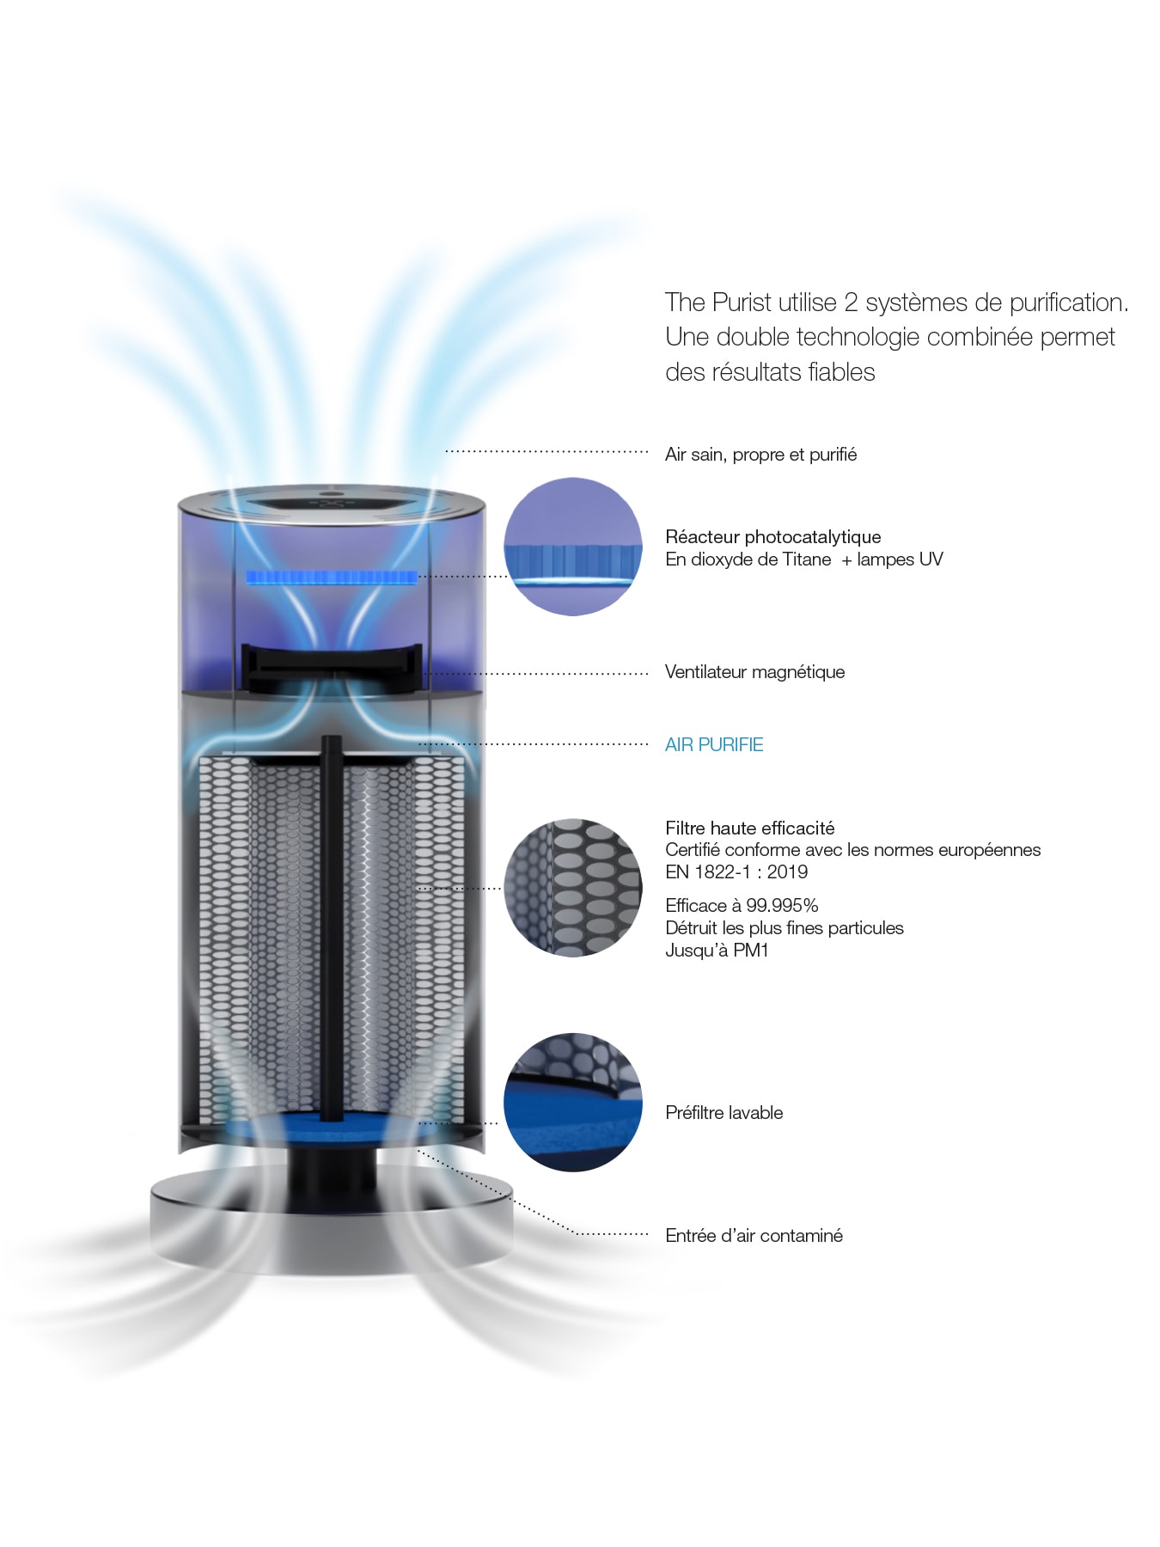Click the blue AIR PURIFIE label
click(x=713, y=744)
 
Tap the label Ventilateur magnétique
click(x=754, y=672)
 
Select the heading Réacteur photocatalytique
click(x=772, y=537)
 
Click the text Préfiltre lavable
click(x=723, y=1113)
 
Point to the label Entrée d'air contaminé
click(x=754, y=1236)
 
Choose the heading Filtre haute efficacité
click(x=749, y=829)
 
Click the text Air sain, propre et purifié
click(x=760, y=455)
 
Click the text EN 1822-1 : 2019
click(x=736, y=872)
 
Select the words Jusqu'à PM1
click(x=717, y=951)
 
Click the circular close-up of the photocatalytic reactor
click(x=572, y=547)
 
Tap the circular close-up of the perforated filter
click(x=572, y=887)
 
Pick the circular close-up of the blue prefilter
click(x=572, y=1102)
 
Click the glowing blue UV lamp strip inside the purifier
click(x=331, y=577)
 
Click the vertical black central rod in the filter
click(x=331, y=928)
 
